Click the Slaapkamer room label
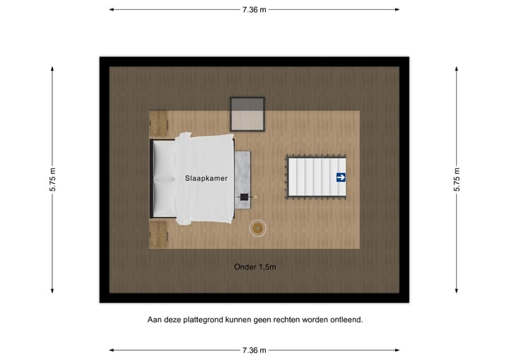pos(206,179)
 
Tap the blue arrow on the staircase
pos(341,178)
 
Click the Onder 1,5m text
pos(255,267)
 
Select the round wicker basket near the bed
pos(258,228)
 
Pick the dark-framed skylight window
pos(247,114)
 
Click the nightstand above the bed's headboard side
pos(158,122)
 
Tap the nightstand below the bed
pos(158,233)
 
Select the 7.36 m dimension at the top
pos(255,9)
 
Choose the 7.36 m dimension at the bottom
pos(255,350)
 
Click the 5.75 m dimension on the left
pos(52,180)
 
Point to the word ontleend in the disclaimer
pos(346,320)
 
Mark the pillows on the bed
pos(165,179)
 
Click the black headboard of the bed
pos(152,179)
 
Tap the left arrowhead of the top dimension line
pos(112,9)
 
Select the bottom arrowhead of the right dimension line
pos(457,289)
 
